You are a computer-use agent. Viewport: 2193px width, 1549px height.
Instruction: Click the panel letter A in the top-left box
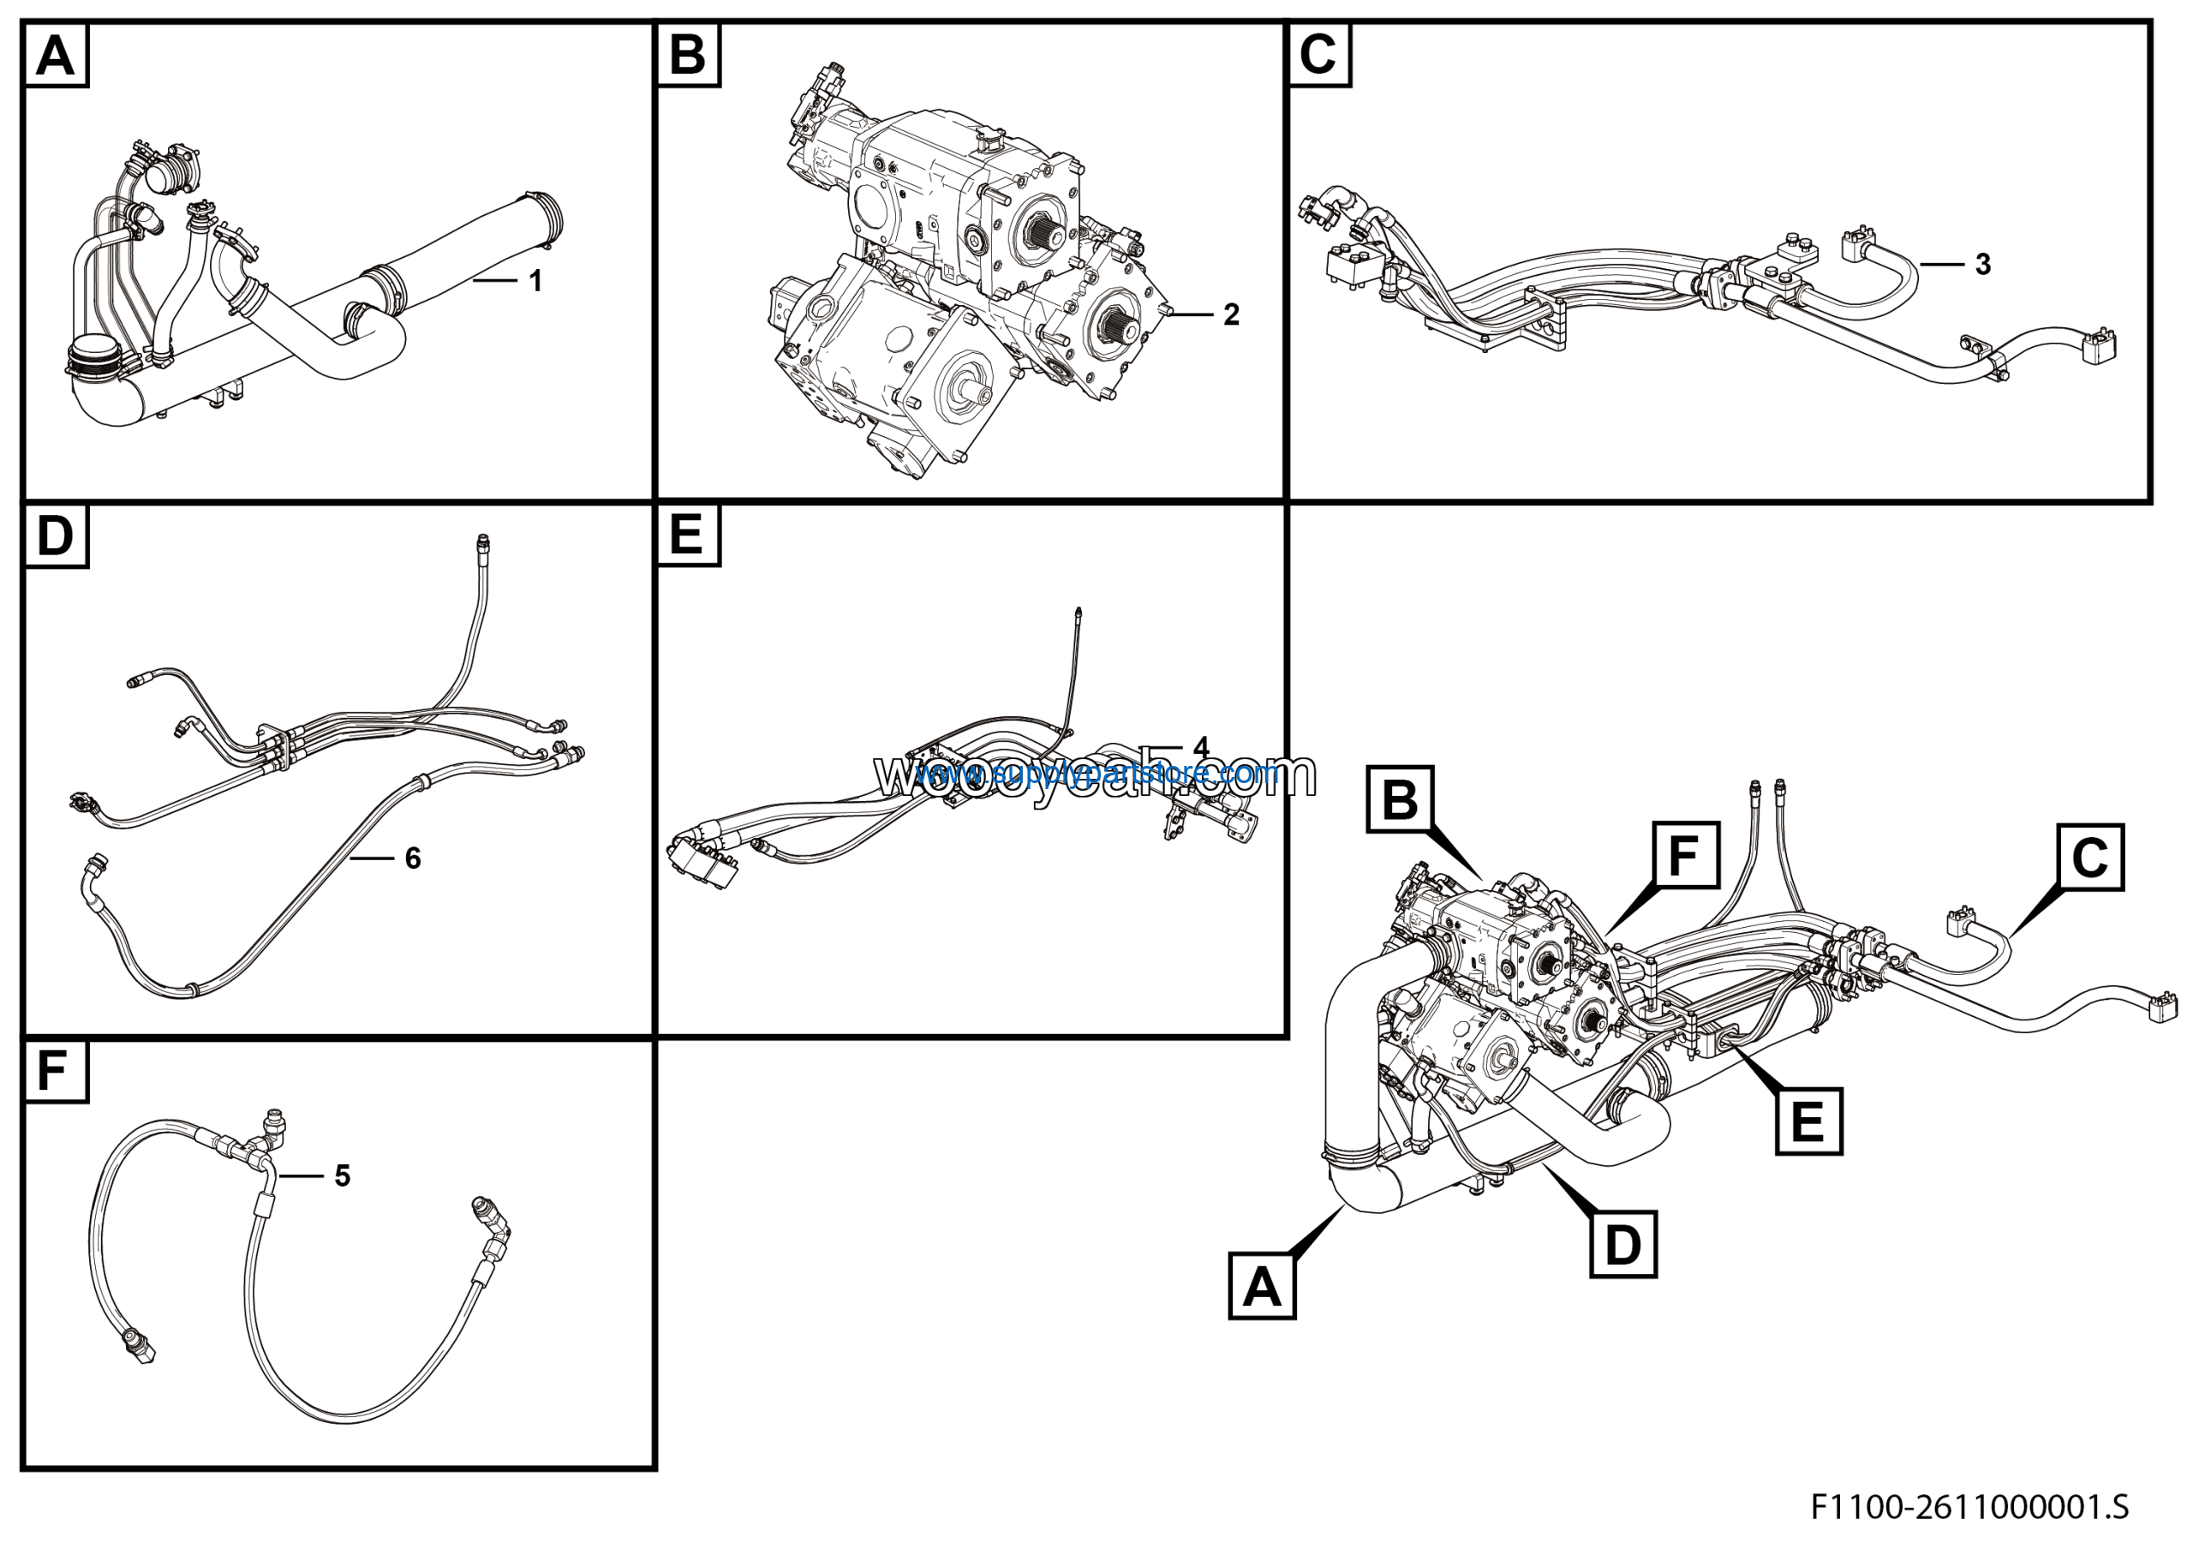[56, 56]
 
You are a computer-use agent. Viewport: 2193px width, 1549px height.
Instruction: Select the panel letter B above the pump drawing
[688, 56]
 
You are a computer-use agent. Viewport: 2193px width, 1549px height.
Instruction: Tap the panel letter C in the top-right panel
[1318, 56]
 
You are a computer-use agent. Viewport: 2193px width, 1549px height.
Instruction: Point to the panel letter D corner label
[56, 535]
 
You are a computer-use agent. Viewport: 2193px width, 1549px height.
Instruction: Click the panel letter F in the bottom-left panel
[52, 1072]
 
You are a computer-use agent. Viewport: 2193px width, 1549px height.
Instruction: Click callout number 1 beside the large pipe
[536, 281]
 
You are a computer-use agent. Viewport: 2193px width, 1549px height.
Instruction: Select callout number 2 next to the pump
[1231, 314]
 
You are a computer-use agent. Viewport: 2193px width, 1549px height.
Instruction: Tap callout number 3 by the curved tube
[1983, 265]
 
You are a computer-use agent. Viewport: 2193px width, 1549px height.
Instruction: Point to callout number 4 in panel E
[1201, 747]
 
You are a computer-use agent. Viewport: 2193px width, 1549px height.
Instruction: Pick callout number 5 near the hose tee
[343, 1175]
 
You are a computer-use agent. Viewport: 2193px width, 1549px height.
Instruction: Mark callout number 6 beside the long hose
[413, 858]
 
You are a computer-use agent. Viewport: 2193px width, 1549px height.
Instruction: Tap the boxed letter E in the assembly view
[1808, 1121]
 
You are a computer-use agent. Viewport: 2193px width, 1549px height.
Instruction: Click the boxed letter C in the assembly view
[2090, 858]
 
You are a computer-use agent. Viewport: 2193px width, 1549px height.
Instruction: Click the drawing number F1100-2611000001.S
[1969, 1507]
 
